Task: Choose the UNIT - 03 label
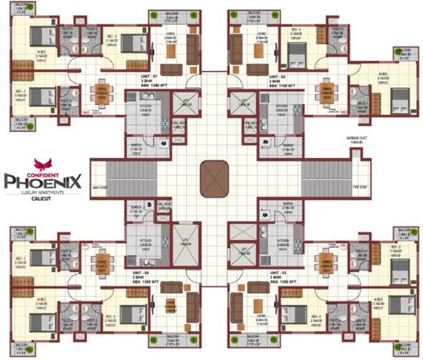(x=279, y=273)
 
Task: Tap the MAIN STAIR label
(x=103, y=187)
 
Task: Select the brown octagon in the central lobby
(x=213, y=179)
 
